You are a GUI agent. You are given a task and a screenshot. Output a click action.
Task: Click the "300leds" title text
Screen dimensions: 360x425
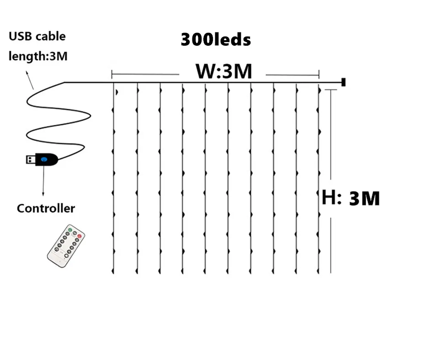(216, 40)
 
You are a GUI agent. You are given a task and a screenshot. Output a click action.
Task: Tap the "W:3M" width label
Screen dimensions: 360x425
(223, 72)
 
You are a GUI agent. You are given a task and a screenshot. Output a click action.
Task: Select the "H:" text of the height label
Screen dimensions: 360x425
(331, 197)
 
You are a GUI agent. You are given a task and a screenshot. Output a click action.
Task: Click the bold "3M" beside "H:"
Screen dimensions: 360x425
(364, 199)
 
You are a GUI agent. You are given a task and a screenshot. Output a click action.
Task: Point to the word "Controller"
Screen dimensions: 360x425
(46, 208)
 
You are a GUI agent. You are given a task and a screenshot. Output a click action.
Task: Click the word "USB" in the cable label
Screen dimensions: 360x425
(20, 36)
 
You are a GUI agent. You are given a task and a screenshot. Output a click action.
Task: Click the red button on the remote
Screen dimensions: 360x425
(80, 236)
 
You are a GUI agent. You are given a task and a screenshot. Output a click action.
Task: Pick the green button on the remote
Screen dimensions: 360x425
(70, 228)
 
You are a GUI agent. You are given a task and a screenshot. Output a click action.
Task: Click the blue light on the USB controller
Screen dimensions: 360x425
(44, 159)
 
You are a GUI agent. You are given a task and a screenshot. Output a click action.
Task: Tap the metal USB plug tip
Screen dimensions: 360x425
(30, 159)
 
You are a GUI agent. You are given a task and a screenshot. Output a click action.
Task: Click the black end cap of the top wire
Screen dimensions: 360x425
(343, 82)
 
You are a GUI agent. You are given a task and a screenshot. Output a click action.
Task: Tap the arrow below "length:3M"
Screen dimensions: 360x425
(29, 79)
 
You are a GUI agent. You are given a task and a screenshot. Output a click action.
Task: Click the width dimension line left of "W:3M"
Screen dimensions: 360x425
(145, 74)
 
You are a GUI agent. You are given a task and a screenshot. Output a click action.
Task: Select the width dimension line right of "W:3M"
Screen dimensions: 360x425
(292, 74)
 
